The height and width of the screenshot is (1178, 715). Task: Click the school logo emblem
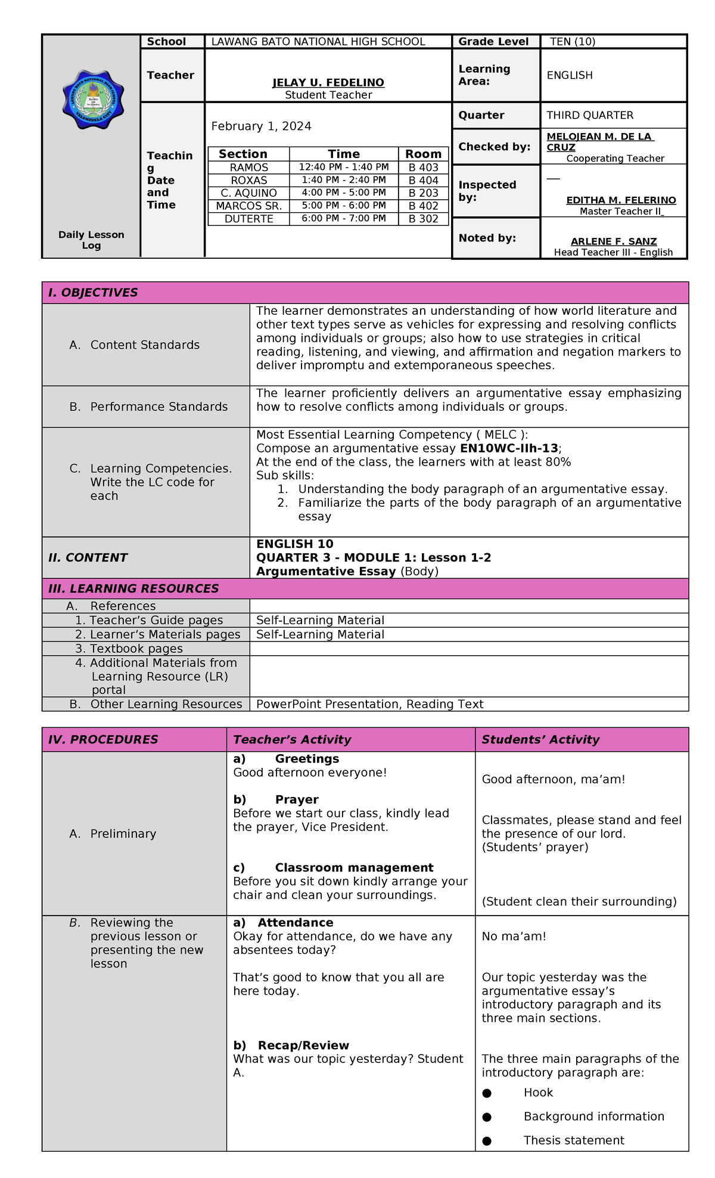pyautogui.click(x=93, y=100)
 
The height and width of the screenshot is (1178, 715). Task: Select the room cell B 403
pyautogui.click(x=423, y=168)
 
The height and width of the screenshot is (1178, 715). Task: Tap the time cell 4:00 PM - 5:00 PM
pyautogui.click(x=344, y=193)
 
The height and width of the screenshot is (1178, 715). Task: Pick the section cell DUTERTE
pyautogui.click(x=248, y=219)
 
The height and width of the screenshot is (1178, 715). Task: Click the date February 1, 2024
pyautogui.click(x=261, y=126)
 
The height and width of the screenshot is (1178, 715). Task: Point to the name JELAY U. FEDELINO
pyautogui.click(x=328, y=83)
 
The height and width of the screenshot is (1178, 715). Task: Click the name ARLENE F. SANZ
pyautogui.click(x=614, y=241)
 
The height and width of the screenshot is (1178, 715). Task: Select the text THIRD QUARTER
pyautogui.click(x=590, y=115)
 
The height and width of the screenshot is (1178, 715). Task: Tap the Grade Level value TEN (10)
pyautogui.click(x=572, y=42)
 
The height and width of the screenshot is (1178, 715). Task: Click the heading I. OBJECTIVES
pyautogui.click(x=93, y=293)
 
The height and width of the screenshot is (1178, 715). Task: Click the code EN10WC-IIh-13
pyautogui.click(x=509, y=448)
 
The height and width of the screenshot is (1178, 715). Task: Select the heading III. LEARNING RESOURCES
pyautogui.click(x=133, y=588)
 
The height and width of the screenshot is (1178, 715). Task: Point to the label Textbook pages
pyautogui.click(x=136, y=649)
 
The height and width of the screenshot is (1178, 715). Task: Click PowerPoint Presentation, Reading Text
pyautogui.click(x=369, y=704)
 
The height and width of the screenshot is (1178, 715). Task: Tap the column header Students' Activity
pyautogui.click(x=540, y=739)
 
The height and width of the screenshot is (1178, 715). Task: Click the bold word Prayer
pyautogui.click(x=296, y=799)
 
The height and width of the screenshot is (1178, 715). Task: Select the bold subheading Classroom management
pyautogui.click(x=354, y=867)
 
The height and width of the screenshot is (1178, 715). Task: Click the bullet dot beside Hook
pyautogui.click(x=487, y=1093)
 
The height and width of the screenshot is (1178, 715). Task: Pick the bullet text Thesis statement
pyautogui.click(x=574, y=1140)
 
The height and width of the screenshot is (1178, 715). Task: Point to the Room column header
pyautogui.click(x=423, y=154)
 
